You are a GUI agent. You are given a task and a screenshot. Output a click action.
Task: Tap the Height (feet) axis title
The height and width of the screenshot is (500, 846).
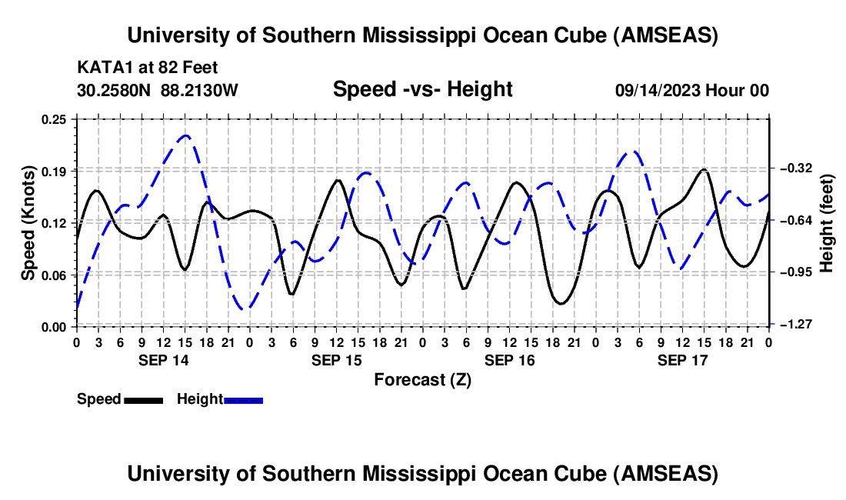coord(827,223)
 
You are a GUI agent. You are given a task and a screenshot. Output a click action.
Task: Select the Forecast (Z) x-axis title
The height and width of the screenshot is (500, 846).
coord(422,379)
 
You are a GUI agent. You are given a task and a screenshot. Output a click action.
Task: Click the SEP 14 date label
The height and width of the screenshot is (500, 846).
coord(163,360)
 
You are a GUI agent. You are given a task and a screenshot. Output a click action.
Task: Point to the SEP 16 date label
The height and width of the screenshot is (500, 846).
coord(509,360)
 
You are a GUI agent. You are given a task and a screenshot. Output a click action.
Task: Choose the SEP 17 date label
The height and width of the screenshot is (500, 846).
coord(682,360)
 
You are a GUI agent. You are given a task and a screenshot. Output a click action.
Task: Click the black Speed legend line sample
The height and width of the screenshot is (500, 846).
coord(143,400)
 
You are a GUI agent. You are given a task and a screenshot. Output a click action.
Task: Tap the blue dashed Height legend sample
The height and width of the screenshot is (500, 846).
coord(244,400)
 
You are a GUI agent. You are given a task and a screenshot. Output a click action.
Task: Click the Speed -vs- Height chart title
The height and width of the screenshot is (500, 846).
coord(422,89)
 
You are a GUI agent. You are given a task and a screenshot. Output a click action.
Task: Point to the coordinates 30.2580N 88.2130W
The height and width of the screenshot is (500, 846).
coord(158,90)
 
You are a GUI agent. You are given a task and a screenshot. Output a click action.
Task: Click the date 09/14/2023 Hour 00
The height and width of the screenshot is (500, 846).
coord(691,90)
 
